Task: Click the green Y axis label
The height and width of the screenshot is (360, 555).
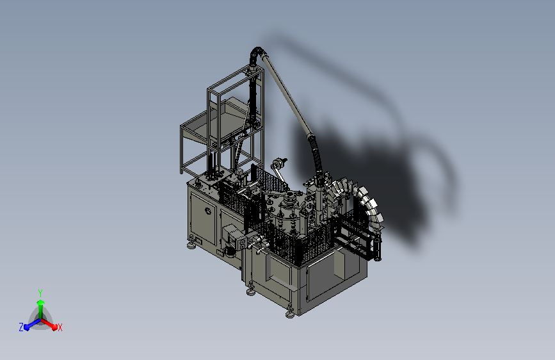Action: (40, 293)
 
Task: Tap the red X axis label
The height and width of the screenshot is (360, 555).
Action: (60, 327)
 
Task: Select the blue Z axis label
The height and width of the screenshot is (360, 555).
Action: (21, 327)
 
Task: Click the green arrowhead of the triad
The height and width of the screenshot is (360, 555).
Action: (40, 303)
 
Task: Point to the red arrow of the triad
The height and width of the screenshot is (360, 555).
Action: (49, 324)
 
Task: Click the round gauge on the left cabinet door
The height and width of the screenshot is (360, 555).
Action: (208, 211)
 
